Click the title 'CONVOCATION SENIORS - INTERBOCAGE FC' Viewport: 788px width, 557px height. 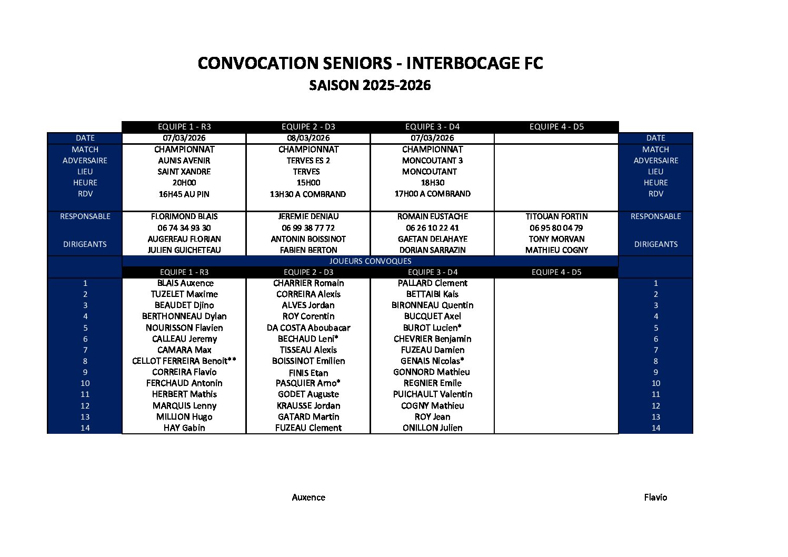tap(370, 63)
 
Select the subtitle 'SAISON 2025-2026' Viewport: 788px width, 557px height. tap(370, 85)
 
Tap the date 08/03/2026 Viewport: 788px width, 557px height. tap(308, 138)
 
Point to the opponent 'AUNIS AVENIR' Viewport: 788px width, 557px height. tap(184, 161)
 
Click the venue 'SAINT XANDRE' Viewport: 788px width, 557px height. tap(184, 172)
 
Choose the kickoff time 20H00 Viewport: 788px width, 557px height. tap(184, 183)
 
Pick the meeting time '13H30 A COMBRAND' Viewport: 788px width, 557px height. tap(308, 194)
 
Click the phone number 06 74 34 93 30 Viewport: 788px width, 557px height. tap(184, 228)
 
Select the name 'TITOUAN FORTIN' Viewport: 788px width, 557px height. tap(556, 216)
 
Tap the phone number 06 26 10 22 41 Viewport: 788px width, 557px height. tap(432, 228)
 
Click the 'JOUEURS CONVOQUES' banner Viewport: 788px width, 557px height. tap(370, 261)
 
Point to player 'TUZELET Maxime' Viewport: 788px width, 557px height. tap(184, 294)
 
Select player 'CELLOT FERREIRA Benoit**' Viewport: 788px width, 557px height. tap(184, 361)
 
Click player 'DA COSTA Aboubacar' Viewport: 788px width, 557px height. tap(308, 327)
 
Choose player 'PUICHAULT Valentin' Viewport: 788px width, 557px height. tap(432, 394)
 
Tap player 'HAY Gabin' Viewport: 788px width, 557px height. tap(184, 428)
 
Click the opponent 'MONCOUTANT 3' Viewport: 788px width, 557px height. tap(432, 161)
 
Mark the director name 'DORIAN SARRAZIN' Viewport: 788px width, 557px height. tap(432, 250)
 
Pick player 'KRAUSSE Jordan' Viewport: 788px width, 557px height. tap(308, 406)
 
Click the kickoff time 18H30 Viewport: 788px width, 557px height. tap(432, 183)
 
